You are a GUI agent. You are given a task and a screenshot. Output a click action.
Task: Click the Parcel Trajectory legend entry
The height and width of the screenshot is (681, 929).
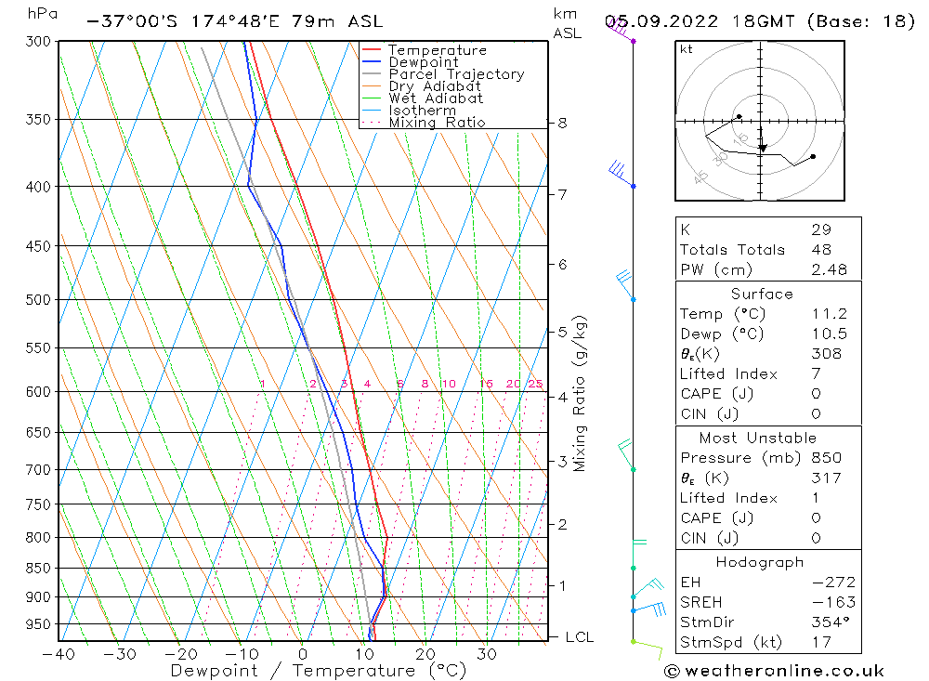pyautogui.click(x=455, y=74)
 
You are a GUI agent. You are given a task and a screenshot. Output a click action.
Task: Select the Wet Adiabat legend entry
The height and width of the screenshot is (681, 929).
pyautogui.click(x=435, y=98)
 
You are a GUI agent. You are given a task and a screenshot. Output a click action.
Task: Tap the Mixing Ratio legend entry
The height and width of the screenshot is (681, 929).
pyautogui.click(x=437, y=122)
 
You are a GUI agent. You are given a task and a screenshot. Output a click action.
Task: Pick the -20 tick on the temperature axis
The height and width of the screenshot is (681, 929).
pyautogui.click(x=180, y=654)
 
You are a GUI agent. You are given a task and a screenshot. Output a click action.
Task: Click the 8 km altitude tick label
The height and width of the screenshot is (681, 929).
pyautogui.click(x=562, y=123)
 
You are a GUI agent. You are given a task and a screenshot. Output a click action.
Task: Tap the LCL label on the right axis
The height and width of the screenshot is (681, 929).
pyautogui.click(x=579, y=637)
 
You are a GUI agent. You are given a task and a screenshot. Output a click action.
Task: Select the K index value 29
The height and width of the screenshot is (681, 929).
pyautogui.click(x=820, y=229)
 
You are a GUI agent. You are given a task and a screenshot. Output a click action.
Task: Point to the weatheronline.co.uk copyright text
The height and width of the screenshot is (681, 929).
pyautogui.click(x=774, y=671)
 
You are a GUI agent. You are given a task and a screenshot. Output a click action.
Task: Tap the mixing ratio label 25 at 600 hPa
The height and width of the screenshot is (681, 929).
pyautogui.click(x=535, y=384)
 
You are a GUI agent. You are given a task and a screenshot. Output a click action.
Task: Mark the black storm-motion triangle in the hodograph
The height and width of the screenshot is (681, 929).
pyautogui.click(x=763, y=148)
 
